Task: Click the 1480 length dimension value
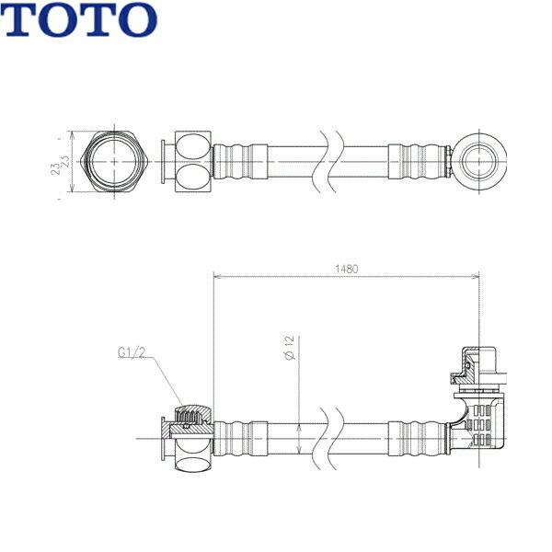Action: tap(346, 270)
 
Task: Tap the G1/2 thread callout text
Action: tap(132, 351)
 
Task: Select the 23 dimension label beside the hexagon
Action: tap(58, 163)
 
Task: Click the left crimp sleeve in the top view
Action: tap(240, 160)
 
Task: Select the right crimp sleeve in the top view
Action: tap(419, 160)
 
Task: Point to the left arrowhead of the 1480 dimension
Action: tap(217, 275)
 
